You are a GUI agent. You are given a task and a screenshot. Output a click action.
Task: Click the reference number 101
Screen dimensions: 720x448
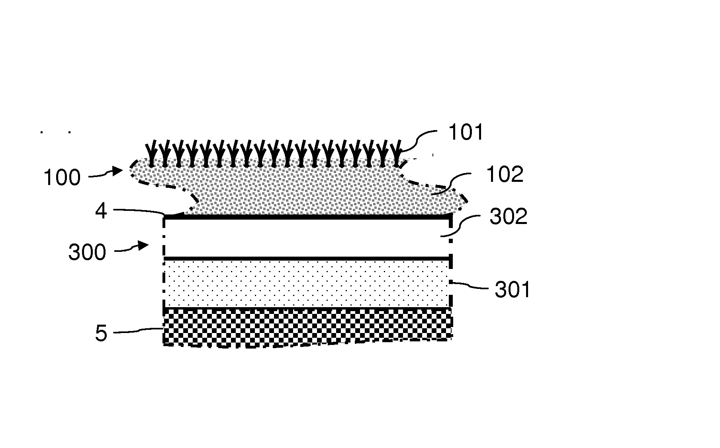pyautogui.click(x=466, y=132)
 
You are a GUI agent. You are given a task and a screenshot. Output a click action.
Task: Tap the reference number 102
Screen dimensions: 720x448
pyautogui.click(x=505, y=174)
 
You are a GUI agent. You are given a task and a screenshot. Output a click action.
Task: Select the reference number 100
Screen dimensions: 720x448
pyautogui.click(x=62, y=177)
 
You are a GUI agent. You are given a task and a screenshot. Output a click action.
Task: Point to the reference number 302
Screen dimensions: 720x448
pyautogui.click(x=509, y=217)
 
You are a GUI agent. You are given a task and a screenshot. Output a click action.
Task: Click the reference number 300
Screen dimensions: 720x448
pyautogui.click(x=87, y=252)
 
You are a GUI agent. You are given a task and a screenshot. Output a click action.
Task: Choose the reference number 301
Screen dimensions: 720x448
pyautogui.click(x=513, y=290)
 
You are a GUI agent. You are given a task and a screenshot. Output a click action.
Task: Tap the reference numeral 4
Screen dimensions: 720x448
pyautogui.click(x=101, y=211)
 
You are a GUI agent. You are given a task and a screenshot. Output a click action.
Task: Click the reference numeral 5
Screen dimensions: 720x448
pyautogui.click(x=101, y=333)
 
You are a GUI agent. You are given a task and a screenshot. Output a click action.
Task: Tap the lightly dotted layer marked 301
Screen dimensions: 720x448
pyautogui.click(x=307, y=284)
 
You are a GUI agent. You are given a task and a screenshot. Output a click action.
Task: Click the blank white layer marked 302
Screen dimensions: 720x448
pyautogui.click(x=307, y=238)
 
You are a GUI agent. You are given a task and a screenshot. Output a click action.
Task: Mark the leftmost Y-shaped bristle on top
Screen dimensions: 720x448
pyautogui.click(x=151, y=153)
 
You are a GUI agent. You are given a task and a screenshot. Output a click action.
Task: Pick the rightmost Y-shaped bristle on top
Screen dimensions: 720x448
pyautogui.click(x=396, y=153)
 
